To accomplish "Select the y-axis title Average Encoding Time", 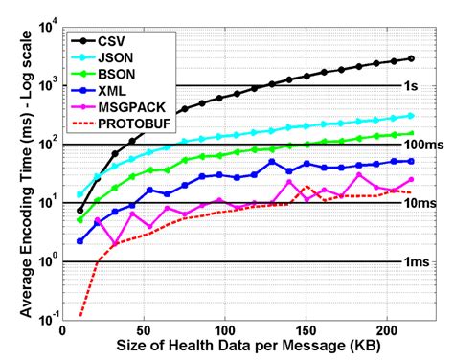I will [x=13, y=172].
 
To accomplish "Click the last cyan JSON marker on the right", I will [x=411, y=116].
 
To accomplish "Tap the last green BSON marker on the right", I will [x=411, y=134].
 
